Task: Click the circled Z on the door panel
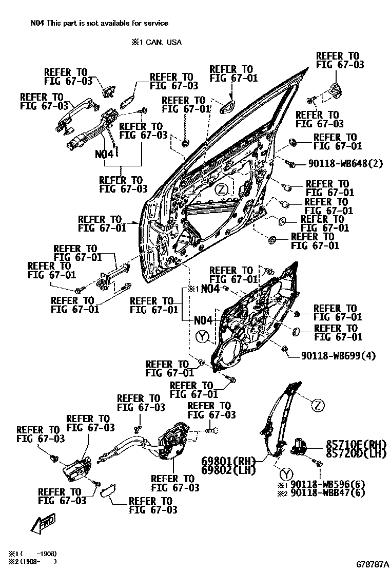(221, 189)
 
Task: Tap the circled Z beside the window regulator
(318, 406)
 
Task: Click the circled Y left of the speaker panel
(203, 337)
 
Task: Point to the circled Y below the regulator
(286, 473)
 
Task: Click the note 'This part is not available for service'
(108, 23)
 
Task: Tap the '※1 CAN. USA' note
(157, 43)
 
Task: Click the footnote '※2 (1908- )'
(31, 561)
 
